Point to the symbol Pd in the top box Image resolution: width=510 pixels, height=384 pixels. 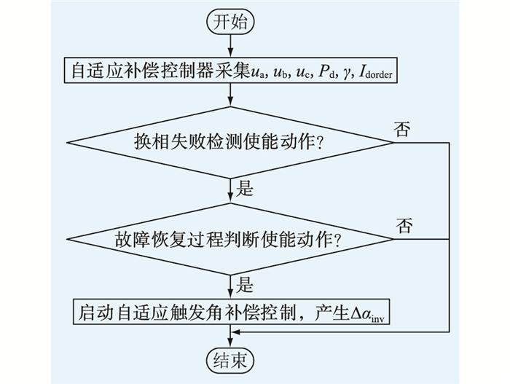pos(320,72)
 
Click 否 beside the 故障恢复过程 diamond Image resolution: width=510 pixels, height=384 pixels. pos(404,225)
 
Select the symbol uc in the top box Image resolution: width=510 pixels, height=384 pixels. pos(291,72)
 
